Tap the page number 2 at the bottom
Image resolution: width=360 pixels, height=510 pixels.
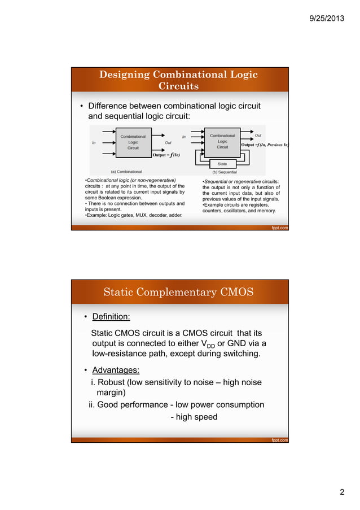click(342, 492)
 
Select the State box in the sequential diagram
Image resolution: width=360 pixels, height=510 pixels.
click(222, 164)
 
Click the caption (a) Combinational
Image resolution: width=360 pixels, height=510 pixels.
click(126, 171)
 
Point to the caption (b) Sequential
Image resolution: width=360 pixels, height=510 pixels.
click(224, 171)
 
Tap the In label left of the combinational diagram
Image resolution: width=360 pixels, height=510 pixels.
click(94, 143)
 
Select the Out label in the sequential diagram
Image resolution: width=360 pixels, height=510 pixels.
click(258, 136)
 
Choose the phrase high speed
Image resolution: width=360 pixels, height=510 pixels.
click(197, 417)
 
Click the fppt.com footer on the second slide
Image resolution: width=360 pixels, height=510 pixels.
click(279, 440)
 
